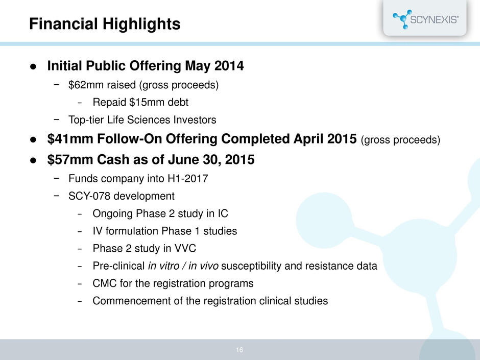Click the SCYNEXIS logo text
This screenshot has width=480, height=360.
coord(434,20)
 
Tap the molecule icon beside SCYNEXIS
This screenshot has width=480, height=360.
coord(402,19)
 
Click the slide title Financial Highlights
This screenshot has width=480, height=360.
coord(105,24)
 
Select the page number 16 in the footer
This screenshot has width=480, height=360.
coord(239,350)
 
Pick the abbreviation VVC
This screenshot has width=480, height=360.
coord(185,248)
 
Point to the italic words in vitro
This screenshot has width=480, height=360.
coord(163,266)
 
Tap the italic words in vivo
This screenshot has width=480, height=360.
coord(203,266)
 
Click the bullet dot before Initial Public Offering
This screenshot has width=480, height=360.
coord(33,66)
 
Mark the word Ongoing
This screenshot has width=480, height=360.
coord(113,213)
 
